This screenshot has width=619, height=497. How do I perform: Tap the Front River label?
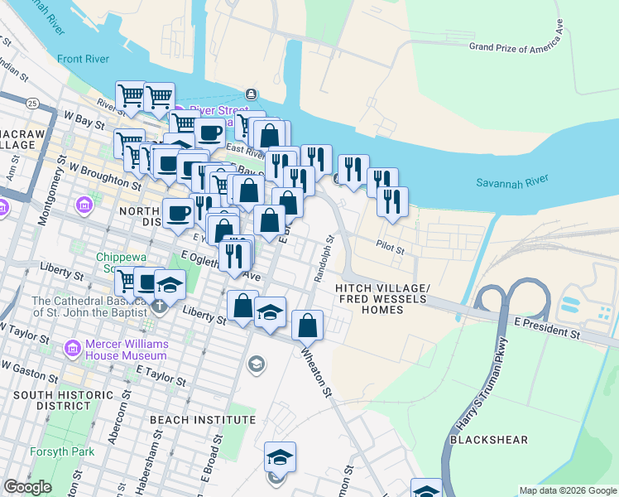point(83,58)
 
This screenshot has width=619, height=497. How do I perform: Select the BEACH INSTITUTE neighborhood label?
point(203,420)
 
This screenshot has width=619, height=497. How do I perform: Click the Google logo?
point(27,487)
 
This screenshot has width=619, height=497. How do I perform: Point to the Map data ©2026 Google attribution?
point(567,490)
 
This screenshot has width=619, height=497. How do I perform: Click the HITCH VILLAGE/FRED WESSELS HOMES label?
point(381,298)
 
